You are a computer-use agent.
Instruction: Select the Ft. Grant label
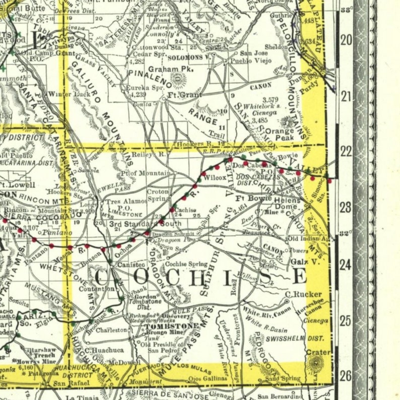tap(184, 94)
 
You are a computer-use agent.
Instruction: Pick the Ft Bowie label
tap(250, 198)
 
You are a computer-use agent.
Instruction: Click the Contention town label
tap(97, 289)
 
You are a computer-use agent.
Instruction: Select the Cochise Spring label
tap(186, 263)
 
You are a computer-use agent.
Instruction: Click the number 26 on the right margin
tap(346, 375)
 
